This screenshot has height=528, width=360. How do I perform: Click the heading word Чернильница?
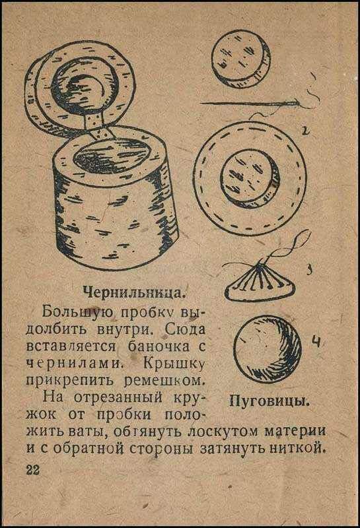[x=134, y=292]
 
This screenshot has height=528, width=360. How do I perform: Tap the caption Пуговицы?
[x=270, y=401]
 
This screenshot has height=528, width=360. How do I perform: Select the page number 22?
[x=33, y=469]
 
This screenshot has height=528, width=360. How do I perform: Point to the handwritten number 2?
[x=305, y=130]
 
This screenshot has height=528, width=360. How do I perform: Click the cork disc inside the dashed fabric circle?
[x=250, y=178]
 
